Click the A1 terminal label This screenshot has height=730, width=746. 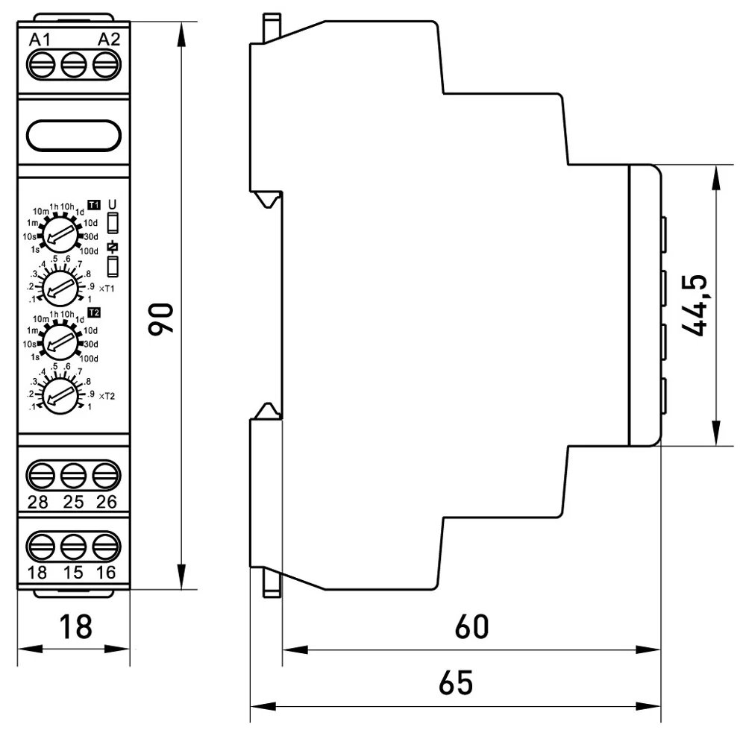coord(40,40)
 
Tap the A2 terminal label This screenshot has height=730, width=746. coord(109,40)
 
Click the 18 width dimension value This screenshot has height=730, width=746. coord(74,627)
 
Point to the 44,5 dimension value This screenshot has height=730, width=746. coord(696,306)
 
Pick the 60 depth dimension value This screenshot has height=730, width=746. coord(471,627)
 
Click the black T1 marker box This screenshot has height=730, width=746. coord(93,204)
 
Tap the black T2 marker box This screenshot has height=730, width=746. coord(93,312)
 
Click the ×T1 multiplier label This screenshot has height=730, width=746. coord(107,288)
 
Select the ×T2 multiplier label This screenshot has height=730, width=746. coord(107,396)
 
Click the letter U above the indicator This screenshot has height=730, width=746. coord(113,204)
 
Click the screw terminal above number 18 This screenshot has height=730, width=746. coord(38,547)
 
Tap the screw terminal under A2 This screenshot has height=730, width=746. coord(107,66)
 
